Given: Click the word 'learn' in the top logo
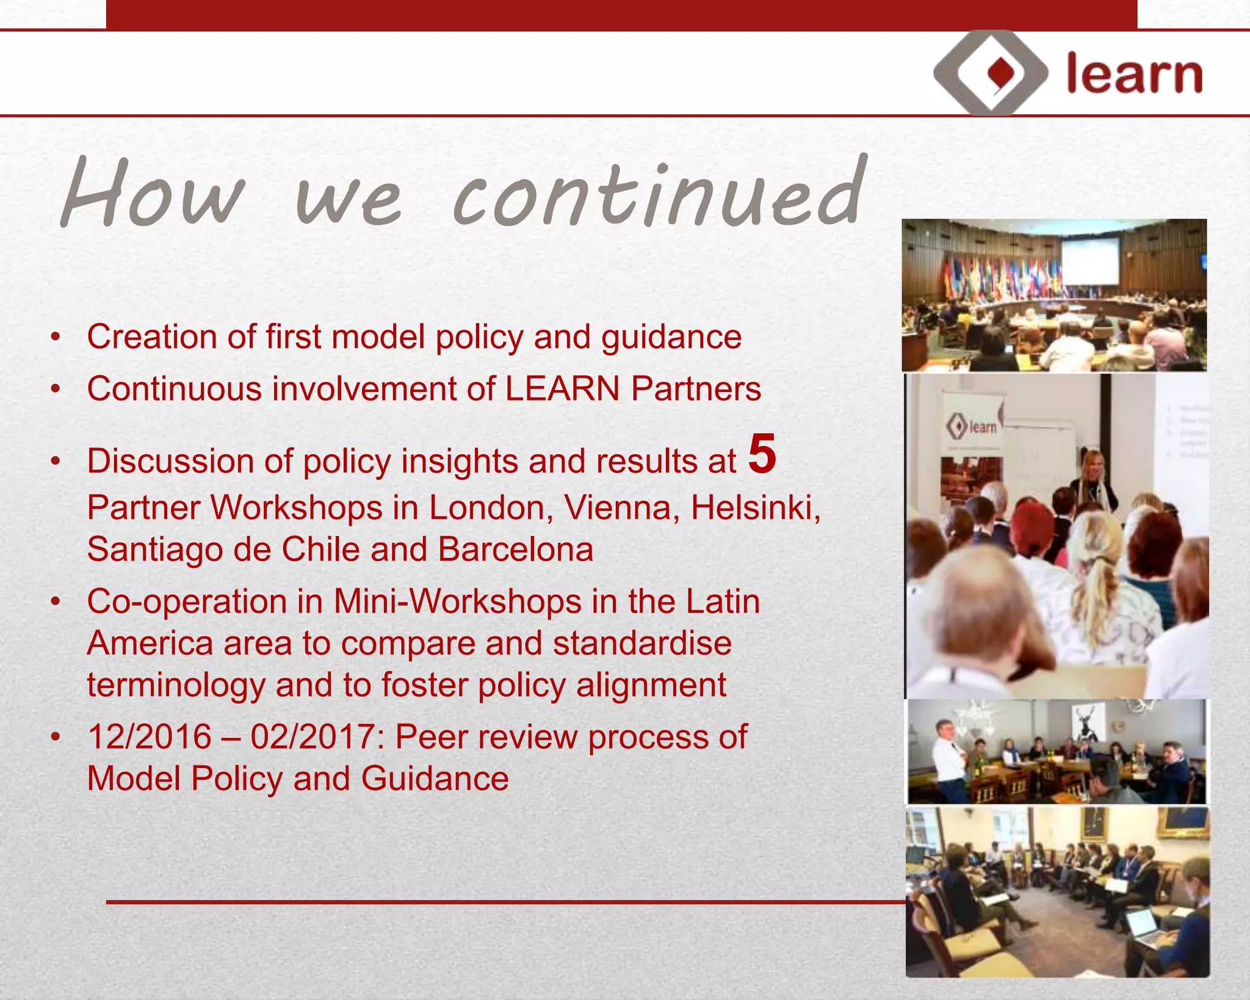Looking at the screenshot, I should tap(1134, 74).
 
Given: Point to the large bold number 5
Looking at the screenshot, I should tap(762, 454).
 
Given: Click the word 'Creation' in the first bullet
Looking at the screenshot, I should tap(151, 336).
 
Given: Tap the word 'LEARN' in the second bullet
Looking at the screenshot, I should tap(562, 389).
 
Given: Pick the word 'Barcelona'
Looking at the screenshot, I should tap(515, 549).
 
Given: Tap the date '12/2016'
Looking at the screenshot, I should tap(149, 736).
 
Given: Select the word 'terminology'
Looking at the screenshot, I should tap(176, 684).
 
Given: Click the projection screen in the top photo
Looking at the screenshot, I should tap(1090, 261).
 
